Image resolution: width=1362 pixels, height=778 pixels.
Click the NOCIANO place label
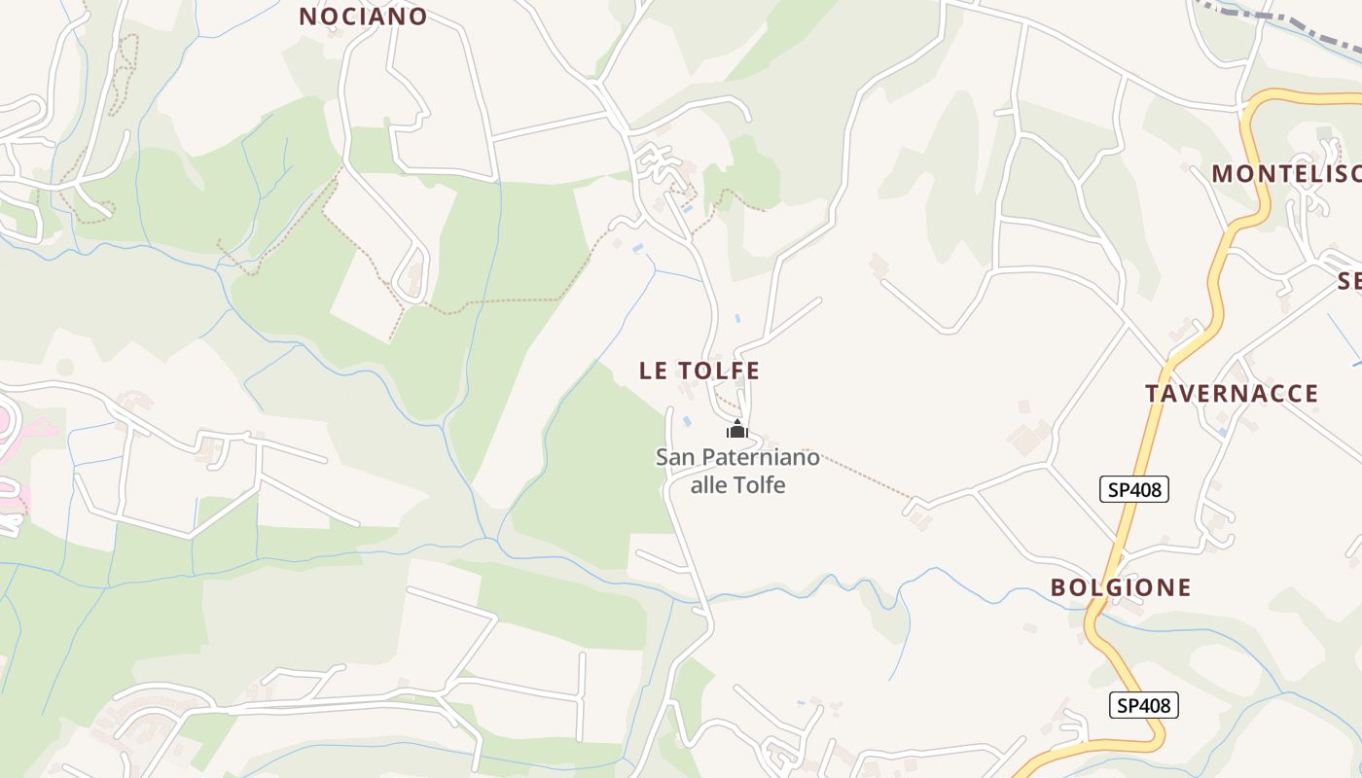[x=363, y=17]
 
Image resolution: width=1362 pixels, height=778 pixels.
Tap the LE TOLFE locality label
[x=699, y=371]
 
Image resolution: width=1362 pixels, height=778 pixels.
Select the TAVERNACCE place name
[x=1231, y=394]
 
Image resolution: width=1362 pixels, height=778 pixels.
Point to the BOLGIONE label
[x=1120, y=587]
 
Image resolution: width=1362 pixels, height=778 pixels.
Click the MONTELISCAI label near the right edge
[x=1284, y=174]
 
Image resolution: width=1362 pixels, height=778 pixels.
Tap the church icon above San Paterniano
[x=737, y=429]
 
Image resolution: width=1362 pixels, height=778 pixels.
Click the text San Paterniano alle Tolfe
[x=737, y=471]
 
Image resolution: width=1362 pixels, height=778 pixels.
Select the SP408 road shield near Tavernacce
[x=1133, y=489]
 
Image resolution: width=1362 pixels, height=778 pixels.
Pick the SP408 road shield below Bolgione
[x=1143, y=705]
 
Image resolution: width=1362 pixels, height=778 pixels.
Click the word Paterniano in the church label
[x=761, y=457]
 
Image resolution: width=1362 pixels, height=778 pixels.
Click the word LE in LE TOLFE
[x=653, y=371]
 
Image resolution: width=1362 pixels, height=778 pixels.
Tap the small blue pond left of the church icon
[x=686, y=421]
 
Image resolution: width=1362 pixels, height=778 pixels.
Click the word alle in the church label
[x=708, y=484]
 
